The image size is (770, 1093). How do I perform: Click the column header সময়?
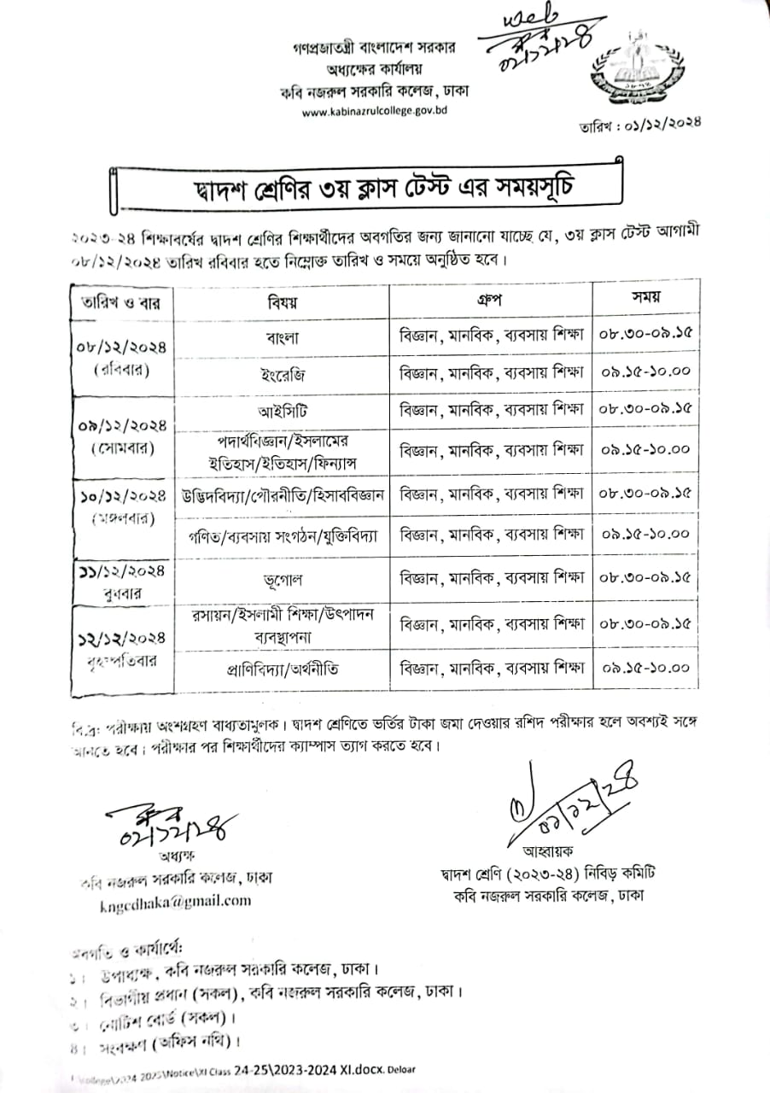tap(645, 298)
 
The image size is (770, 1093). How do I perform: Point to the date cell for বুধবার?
tap(122, 579)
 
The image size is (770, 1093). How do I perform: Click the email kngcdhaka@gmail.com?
tap(176, 901)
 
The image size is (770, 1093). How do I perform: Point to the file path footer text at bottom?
tap(222, 1070)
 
